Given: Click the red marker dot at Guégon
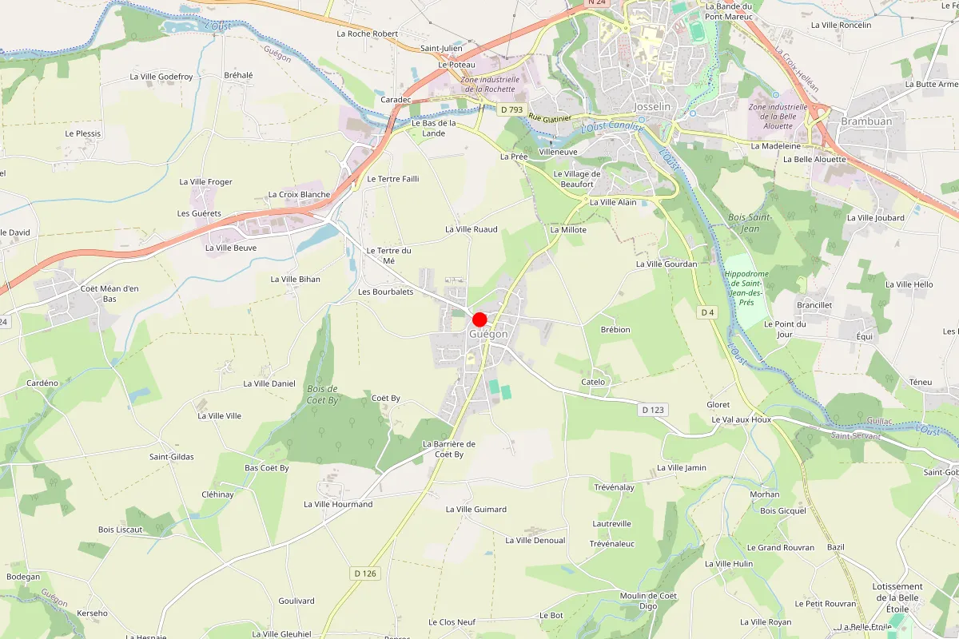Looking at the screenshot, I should pos(479,319).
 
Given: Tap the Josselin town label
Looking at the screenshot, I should pos(651,106).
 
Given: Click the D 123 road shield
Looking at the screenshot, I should pos(652,410).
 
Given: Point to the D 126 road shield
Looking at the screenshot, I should pos(364,574).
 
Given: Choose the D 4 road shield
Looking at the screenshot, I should pos(707,312).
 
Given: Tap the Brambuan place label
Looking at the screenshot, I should pos(865,121).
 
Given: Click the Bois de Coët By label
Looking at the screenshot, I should pos(322,394).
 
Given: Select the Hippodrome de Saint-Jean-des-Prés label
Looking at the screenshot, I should pos(746,288).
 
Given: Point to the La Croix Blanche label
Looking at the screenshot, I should pos(299,194).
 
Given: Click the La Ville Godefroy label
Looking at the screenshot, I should pos(161,77).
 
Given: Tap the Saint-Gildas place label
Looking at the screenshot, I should pos(172,457).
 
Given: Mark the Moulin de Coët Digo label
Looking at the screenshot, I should pos(648,601).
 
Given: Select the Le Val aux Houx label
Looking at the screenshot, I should pos(741,419).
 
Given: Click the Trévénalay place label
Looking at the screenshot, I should pos(614,486).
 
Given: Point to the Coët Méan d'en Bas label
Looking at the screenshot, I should pos(109,293).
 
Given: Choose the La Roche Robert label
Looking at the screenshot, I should pos(367,34).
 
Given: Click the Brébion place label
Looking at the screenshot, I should pos(615,329).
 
